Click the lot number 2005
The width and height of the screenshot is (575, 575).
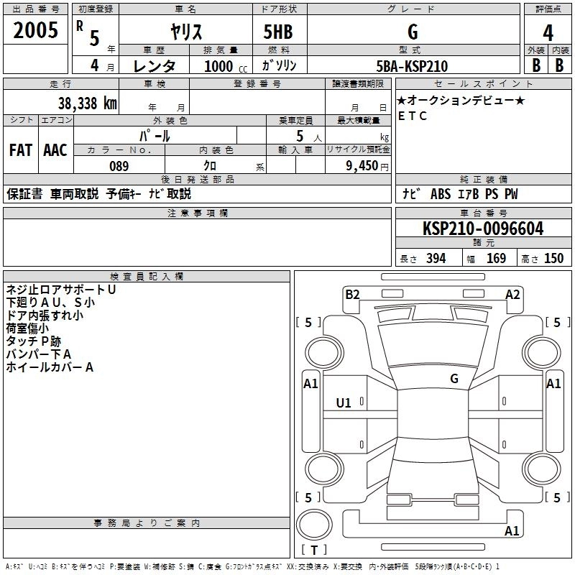(36, 31)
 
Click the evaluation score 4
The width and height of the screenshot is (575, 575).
(548, 32)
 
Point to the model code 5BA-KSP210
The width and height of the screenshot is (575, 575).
(412, 66)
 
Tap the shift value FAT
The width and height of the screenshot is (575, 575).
(20, 150)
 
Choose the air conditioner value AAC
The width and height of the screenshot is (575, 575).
(55, 150)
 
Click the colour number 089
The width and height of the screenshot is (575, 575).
(119, 166)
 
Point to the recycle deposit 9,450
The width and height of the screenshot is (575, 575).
(362, 166)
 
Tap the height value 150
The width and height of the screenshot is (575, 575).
(553, 259)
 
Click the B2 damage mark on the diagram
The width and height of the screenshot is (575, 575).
(352, 293)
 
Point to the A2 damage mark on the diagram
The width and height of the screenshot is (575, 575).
(512, 293)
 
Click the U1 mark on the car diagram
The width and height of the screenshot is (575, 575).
(344, 402)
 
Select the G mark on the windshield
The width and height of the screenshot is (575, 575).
(454, 378)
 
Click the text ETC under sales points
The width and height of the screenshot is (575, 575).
(413, 116)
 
